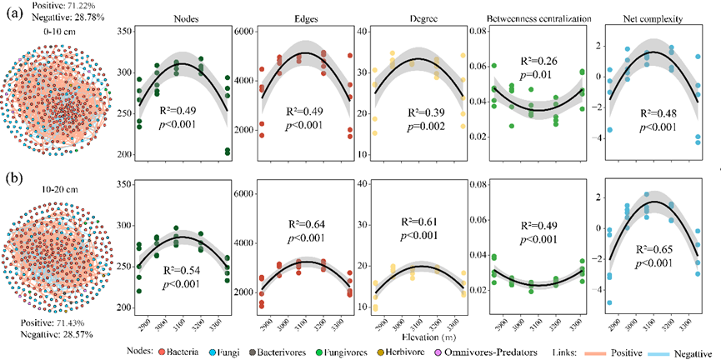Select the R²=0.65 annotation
point(658,248)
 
